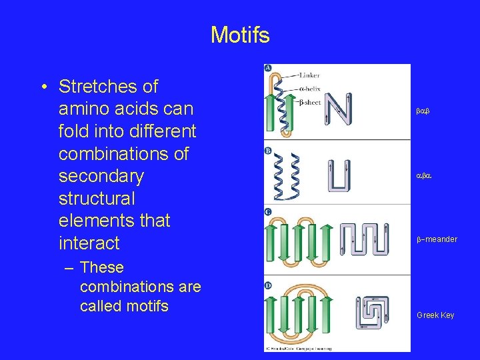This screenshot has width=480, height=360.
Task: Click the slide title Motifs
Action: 240,34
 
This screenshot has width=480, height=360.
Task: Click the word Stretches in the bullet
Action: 108,87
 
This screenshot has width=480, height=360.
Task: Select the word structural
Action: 97,199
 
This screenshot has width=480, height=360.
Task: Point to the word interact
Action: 89,243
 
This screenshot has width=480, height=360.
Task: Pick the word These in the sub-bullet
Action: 102,267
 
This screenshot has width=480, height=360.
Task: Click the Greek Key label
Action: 435,315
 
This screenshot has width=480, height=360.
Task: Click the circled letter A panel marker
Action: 268,69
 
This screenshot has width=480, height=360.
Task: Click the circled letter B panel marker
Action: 268,151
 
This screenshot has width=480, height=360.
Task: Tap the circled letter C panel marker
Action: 268,212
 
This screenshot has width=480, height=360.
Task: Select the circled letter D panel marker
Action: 268,285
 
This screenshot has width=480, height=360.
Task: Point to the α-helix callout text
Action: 309,89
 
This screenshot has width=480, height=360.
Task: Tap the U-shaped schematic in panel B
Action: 339,175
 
